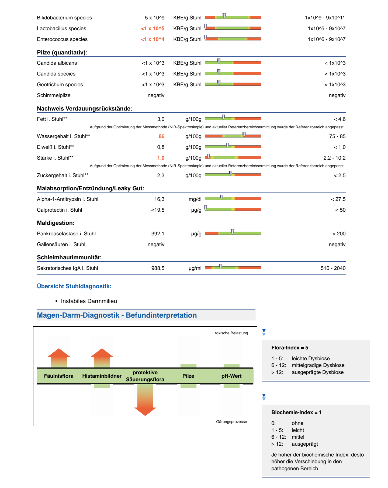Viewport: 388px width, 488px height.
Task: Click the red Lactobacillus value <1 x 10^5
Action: [153, 29]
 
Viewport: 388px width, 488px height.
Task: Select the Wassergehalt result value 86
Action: [161, 136]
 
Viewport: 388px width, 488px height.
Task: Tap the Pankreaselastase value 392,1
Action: [158, 234]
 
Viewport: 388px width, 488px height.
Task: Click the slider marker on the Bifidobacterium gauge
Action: [224, 16]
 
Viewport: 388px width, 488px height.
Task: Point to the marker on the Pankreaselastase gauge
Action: [232, 232]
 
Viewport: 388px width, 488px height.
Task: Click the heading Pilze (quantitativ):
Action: [62, 53]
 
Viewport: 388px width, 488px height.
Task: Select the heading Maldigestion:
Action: [56, 223]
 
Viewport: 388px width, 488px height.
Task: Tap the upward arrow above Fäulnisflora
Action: [59, 357]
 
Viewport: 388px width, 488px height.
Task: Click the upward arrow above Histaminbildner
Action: [102, 357]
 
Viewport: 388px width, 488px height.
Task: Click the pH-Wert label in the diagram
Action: [231, 376]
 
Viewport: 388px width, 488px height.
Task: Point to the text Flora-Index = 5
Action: [290, 348]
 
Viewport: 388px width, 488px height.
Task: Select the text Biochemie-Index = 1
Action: [296, 413]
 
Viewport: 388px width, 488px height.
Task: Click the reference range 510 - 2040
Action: [333, 268]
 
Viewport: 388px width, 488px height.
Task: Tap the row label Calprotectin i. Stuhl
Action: [59, 210]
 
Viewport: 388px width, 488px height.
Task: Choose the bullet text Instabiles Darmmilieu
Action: [89, 301]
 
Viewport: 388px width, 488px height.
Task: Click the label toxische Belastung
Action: [231, 333]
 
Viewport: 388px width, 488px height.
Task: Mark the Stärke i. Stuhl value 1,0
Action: [161, 158]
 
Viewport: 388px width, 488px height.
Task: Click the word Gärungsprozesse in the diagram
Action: [231, 422]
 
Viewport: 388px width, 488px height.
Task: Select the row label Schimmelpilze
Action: [54, 95]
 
